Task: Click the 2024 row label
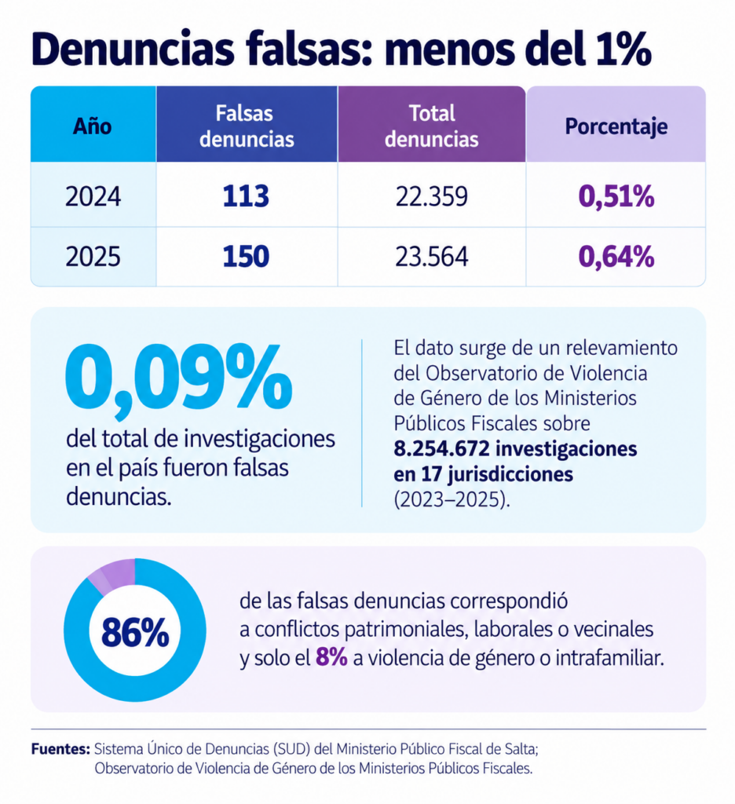pyautogui.click(x=93, y=196)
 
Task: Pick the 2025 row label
pyautogui.click(x=93, y=257)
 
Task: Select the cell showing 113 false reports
pyautogui.click(x=247, y=196)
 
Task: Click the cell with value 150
pyautogui.click(x=247, y=257)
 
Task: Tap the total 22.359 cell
pyautogui.click(x=432, y=196)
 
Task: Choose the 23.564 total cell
pyautogui.click(x=432, y=257)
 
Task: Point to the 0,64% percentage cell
pyautogui.click(x=616, y=257)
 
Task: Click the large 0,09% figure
pyautogui.click(x=178, y=378)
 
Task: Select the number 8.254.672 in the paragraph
pyautogui.click(x=441, y=448)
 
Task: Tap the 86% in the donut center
pyautogui.click(x=135, y=633)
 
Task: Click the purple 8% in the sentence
pyautogui.click(x=331, y=657)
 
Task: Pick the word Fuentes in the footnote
pyautogui.click(x=60, y=749)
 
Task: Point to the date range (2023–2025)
pyautogui.click(x=452, y=499)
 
